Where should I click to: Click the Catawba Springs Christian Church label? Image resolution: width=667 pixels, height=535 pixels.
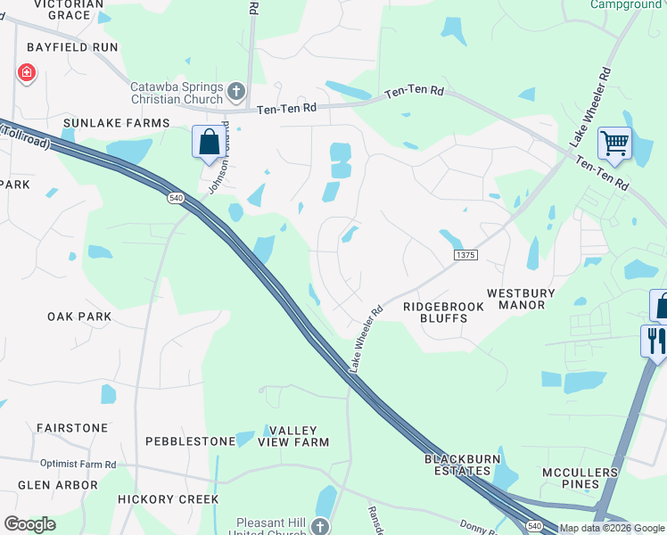[x=177, y=92]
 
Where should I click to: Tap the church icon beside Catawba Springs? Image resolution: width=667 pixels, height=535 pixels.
[x=235, y=90]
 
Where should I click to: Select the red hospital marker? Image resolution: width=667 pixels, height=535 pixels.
[x=26, y=72]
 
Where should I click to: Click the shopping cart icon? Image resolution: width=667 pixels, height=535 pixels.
[x=614, y=142]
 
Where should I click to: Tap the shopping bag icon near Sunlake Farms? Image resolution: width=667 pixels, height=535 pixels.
[x=209, y=142]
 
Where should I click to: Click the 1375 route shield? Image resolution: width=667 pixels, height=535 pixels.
[x=466, y=255]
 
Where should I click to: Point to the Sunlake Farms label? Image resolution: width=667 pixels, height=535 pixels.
[x=116, y=122]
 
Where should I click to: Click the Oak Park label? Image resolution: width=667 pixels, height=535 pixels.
[x=79, y=317]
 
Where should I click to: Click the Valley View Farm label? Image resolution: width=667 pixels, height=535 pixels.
[x=293, y=435]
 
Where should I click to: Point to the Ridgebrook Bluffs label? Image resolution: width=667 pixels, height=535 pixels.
[x=443, y=312]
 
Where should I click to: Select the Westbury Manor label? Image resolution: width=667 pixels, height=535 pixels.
[x=521, y=299]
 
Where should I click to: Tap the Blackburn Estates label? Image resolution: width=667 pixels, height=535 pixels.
[x=457, y=465]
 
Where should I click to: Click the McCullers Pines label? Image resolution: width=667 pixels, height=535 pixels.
[x=580, y=478]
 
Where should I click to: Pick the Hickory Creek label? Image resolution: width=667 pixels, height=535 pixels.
[x=169, y=499]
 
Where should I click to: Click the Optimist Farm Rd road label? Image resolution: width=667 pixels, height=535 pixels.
[x=78, y=465]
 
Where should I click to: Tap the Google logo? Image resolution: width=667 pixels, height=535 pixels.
[x=30, y=524]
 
